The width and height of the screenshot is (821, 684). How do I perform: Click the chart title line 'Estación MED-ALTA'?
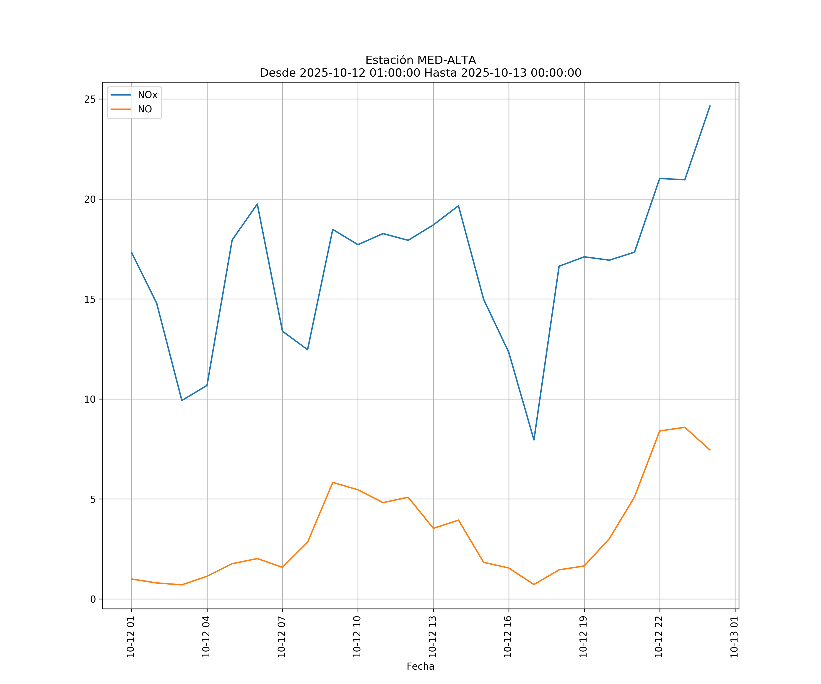[420, 60]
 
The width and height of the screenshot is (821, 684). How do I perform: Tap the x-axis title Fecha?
[420, 666]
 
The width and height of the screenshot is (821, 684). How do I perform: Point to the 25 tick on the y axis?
[90, 99]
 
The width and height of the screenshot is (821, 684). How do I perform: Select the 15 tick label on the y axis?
[90, 299]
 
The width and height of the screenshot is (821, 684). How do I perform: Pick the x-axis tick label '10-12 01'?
[131, 637]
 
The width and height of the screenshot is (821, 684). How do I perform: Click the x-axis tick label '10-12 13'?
[433, 637]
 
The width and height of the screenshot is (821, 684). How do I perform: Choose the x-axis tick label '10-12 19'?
[584, 637]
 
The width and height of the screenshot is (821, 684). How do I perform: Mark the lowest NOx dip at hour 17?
[534, 440]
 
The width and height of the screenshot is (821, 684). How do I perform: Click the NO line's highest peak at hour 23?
[685, 427]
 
